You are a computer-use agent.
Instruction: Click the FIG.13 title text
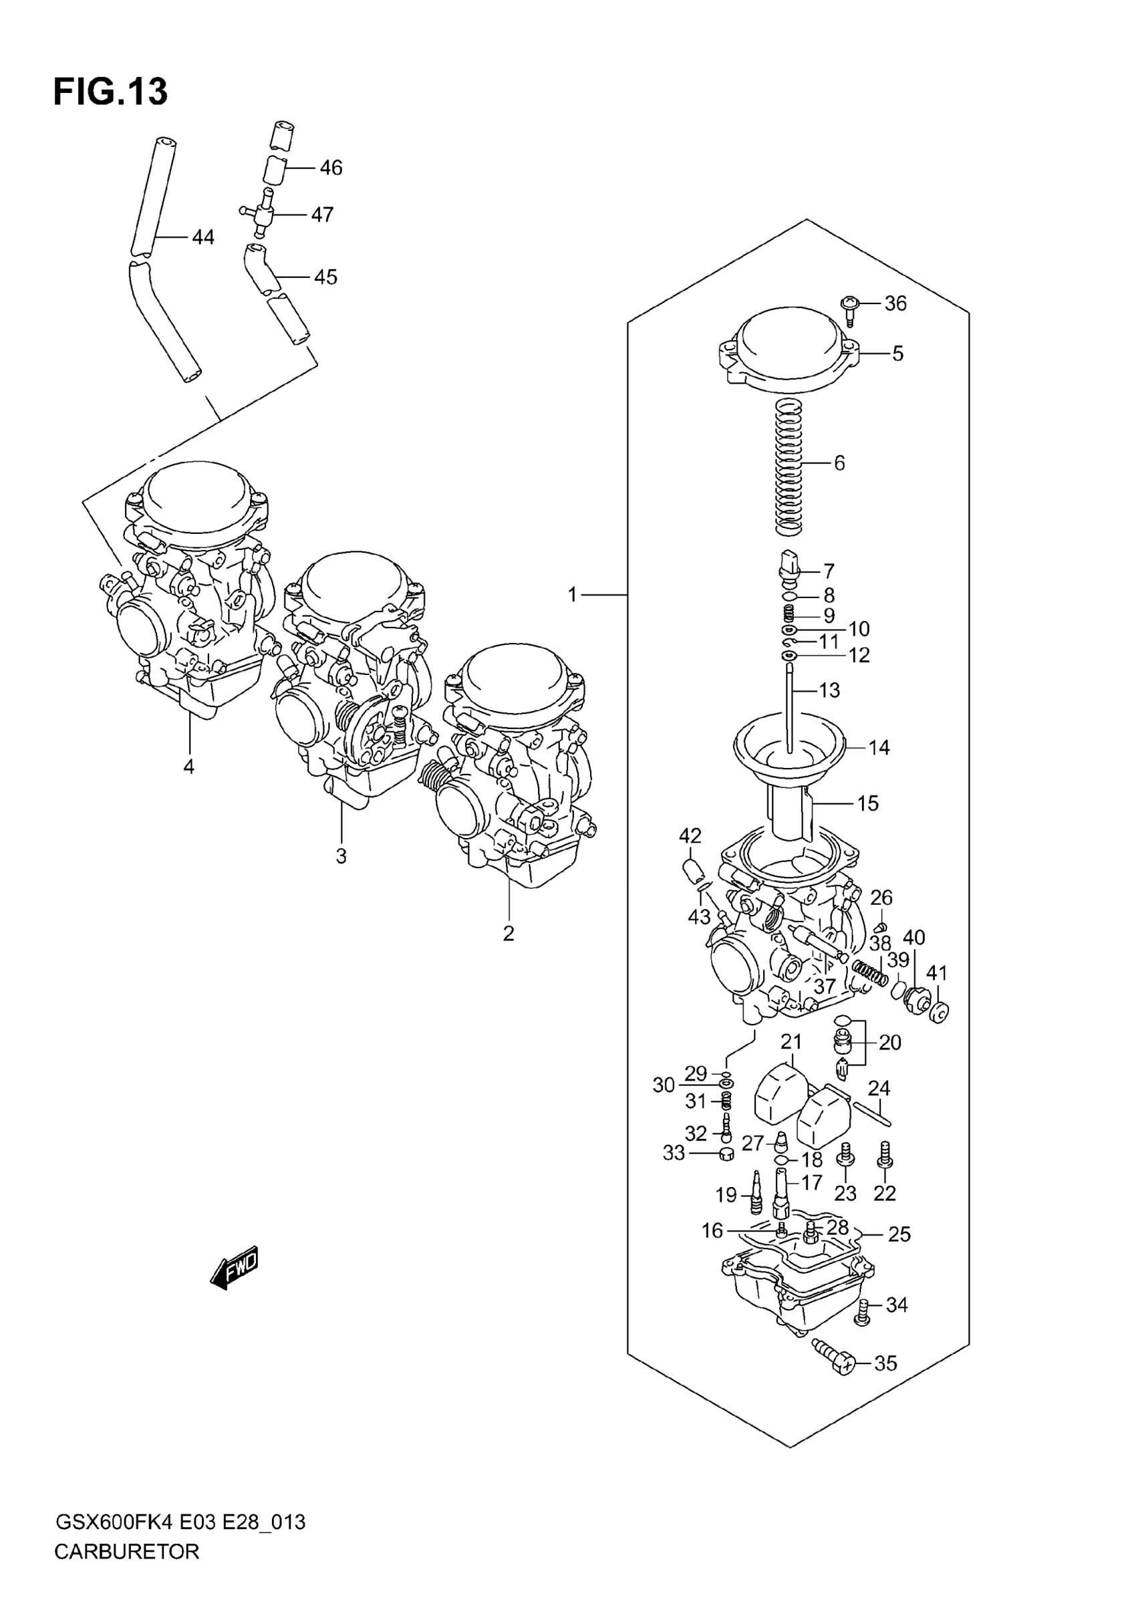(x=110, y=92)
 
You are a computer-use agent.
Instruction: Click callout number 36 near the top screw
(x=895, y=303)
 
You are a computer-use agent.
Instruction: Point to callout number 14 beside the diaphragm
(x=879, y=748)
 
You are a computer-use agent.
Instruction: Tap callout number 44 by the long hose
(x=203, y=238)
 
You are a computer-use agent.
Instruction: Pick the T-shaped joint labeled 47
(x=262, y=215)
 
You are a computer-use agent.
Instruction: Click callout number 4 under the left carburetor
(x=188, y=767)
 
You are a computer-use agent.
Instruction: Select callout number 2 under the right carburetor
(x=509, y=933)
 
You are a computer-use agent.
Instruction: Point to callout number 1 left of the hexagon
(x=572, y=595)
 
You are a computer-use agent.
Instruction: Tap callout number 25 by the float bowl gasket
(x=899, y=1234)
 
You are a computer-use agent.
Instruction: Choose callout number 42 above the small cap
(x=690, y=836)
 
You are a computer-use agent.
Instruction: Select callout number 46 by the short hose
(x=331, y=168)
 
